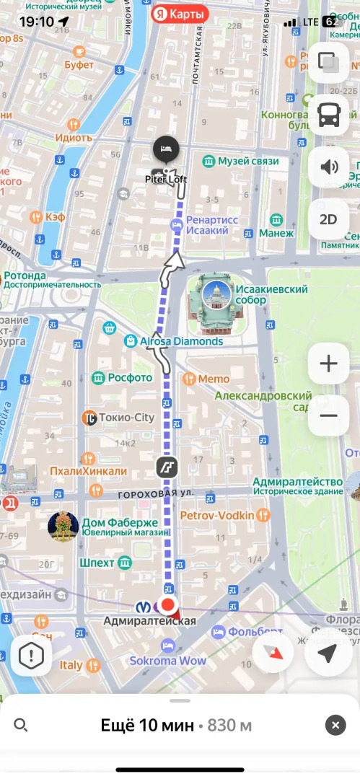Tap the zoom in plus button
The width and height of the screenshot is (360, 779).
[x=328, y=364]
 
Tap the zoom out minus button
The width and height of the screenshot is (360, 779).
[x=328, y=416]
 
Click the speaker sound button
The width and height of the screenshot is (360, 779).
[x=329, y=167]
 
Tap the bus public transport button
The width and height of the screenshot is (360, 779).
[x=329, y=115]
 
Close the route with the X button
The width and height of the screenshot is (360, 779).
[x=335, y=725]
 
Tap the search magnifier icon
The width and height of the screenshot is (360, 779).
[x=21, y=725]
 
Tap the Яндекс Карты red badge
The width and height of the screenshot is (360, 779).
[x=180, y=13]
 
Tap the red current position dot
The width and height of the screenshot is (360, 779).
[x=168, y=604]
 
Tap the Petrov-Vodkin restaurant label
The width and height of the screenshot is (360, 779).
[x=217, y=515]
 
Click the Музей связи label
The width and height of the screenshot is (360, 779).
[x=247, y=161]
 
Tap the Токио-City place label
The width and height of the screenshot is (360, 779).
[x=126, y=417]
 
